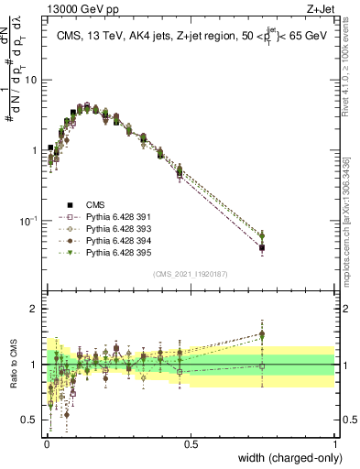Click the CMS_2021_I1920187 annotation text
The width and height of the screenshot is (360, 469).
(x=190, y=274)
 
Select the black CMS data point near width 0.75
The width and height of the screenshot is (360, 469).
(x=262, y=247)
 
